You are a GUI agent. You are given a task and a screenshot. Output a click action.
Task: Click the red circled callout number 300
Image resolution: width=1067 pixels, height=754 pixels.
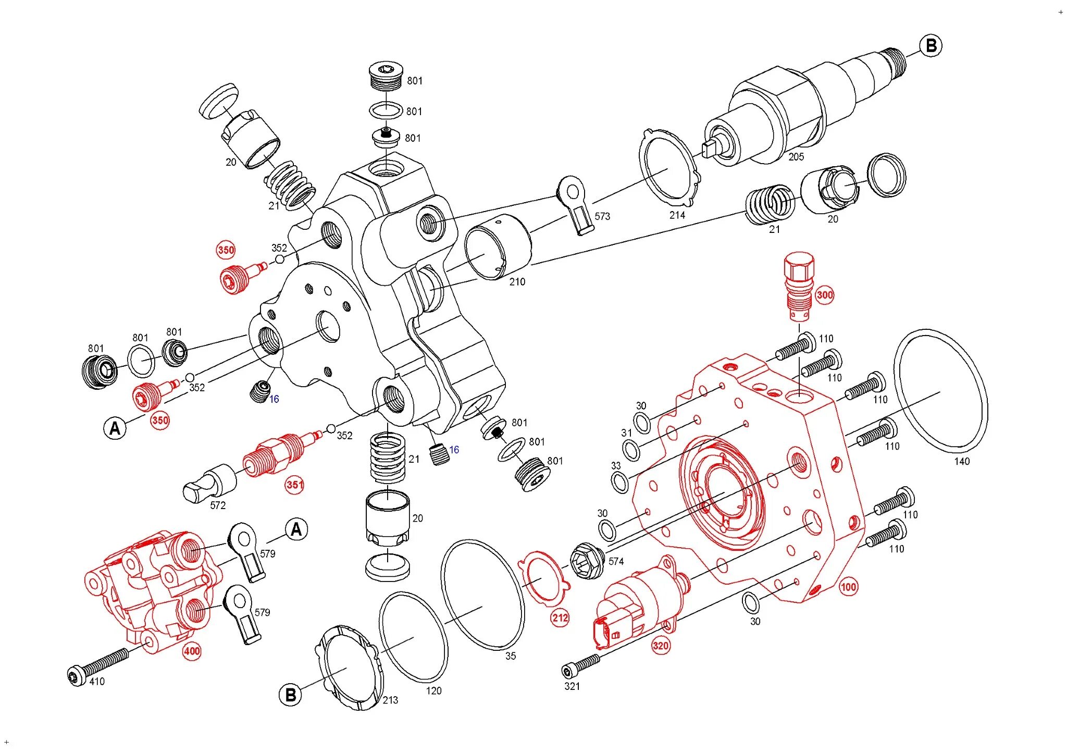(x=824, y=295)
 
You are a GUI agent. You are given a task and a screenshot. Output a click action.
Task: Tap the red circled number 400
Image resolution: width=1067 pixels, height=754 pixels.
(x=192, y=651)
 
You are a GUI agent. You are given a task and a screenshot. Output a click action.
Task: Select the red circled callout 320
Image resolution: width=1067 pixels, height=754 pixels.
(x=660, y=646)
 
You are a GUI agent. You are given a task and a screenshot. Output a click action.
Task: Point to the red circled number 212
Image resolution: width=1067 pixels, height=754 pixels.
(x=560, y=618)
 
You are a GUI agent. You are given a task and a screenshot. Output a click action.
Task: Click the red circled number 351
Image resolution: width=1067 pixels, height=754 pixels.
(x=294, y=485)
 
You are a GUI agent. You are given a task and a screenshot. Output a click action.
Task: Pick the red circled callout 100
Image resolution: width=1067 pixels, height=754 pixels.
(x=848, y=587)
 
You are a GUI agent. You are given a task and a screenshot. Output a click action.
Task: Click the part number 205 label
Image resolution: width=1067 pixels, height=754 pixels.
(x=796, y=157)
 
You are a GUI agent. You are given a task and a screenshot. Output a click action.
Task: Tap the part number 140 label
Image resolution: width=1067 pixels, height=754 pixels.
(x=962, y=461)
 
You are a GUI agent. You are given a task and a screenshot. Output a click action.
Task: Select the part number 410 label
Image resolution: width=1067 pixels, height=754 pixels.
(x=97, y=682)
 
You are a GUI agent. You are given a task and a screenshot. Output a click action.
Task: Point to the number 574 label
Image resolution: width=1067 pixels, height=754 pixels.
(x=616, y=561)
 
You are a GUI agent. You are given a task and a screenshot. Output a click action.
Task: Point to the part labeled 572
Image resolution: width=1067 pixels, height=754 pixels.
(x=208, y=485)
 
